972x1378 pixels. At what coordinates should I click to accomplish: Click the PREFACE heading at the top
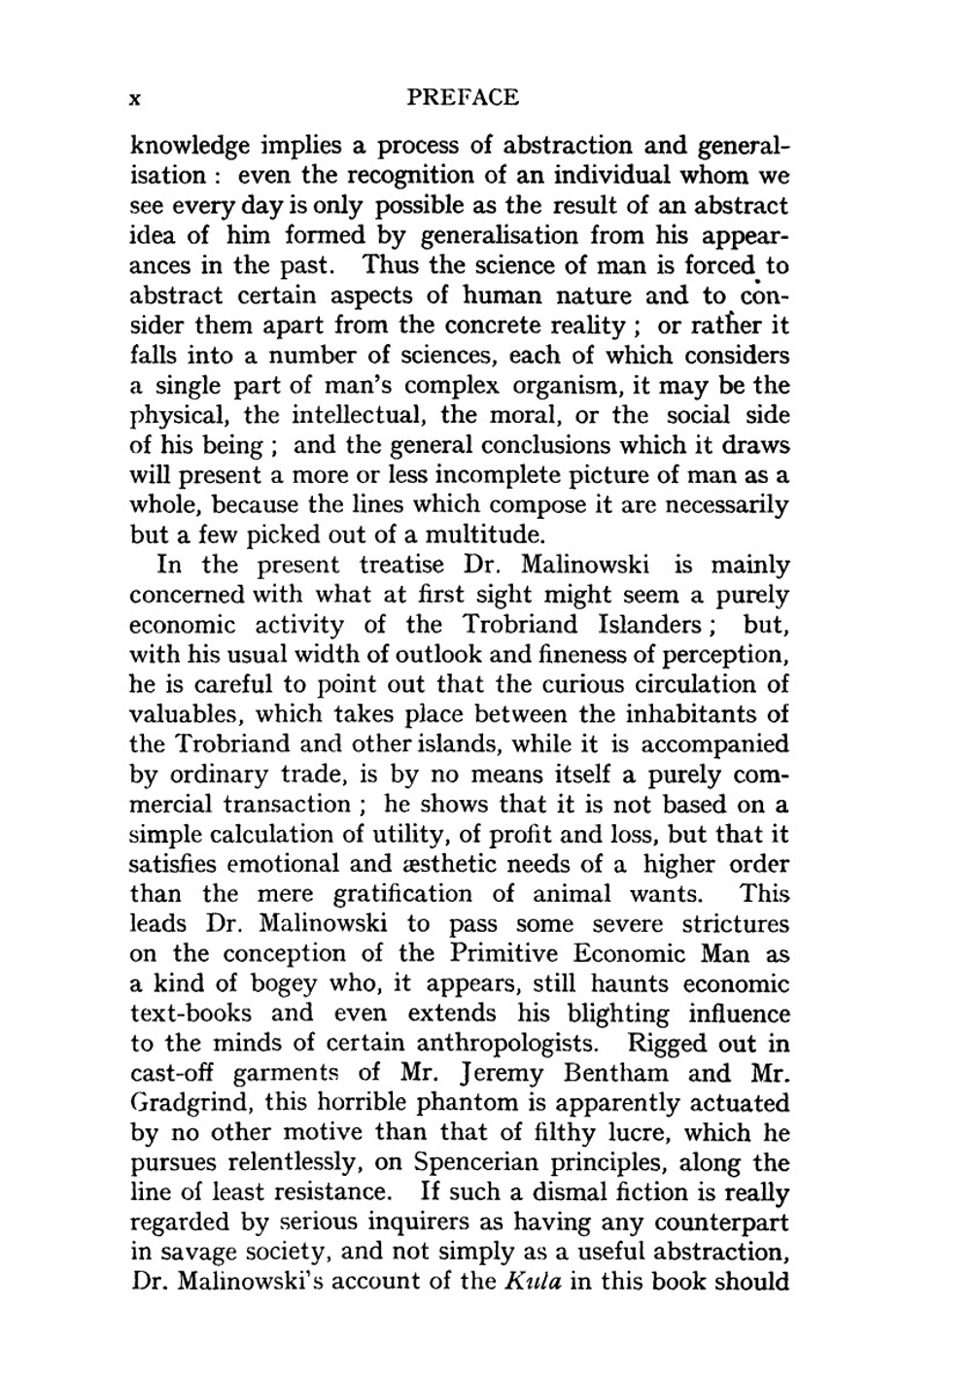(x=463, y=97)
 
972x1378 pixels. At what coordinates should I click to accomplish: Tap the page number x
(x=137, y=98)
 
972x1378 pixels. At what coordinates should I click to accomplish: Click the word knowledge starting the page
(x=191, y=147)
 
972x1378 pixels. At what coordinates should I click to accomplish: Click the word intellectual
(x=356, y=416)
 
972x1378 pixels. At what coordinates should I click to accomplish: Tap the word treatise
(x=401, y=566)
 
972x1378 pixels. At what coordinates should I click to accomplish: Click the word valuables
(x=185, y=715)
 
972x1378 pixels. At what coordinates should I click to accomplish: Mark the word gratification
(x=403, y=895)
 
